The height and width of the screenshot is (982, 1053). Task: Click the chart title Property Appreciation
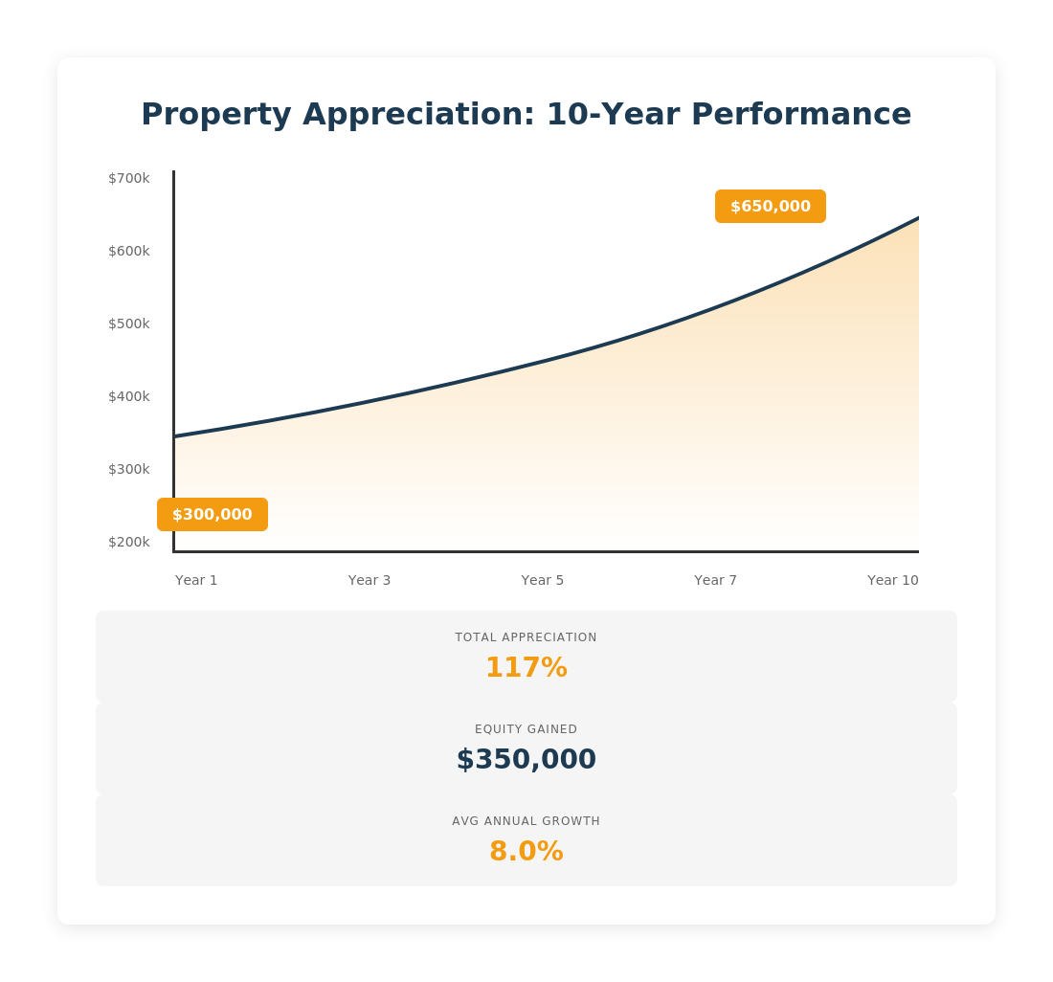526,114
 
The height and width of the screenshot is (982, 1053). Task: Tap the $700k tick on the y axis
129,178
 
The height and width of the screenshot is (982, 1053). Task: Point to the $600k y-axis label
129,251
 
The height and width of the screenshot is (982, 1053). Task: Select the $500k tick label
129,324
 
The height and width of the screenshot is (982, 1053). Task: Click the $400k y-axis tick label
129,396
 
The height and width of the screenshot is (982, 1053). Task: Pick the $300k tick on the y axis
129,469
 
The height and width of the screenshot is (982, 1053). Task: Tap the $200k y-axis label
129,542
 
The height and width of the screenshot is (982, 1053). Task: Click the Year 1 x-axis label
196,580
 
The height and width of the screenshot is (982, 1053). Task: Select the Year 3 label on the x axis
370,580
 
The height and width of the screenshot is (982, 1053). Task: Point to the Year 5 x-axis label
543,580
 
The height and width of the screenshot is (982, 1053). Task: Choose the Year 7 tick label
716,580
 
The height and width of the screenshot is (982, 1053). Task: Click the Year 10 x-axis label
892,580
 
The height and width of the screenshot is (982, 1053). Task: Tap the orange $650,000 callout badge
771,207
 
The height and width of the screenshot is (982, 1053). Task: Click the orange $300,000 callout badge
213,515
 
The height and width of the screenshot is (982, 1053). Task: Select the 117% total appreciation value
526,667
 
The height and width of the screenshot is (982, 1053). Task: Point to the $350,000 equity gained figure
526,759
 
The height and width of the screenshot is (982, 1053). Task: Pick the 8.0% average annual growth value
526,851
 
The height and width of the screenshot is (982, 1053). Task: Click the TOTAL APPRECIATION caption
526,637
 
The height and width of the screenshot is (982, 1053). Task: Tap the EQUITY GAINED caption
526,729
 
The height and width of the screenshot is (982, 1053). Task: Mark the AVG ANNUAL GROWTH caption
526,821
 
